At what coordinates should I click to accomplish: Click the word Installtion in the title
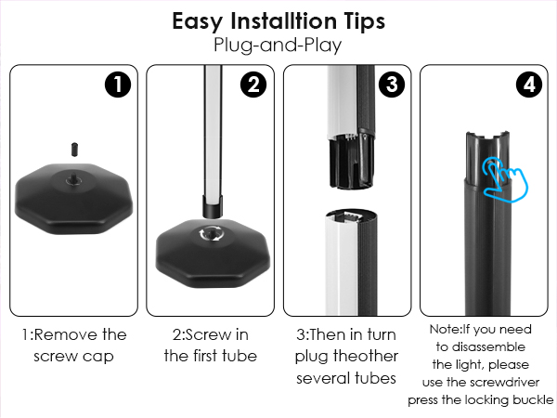pyautogui.click(x=283, y=21)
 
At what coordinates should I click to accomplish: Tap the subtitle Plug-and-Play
pyautogui.click(x=278, y=46)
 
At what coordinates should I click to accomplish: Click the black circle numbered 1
pyautogui.click(x=118, y=85)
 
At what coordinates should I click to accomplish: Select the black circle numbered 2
pyautogui.click(x=253, y=85)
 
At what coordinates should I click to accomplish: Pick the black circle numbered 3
pyautogui.click(x=392, y=85)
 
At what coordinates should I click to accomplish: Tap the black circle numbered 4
pyautogui.click(x=529, y=85)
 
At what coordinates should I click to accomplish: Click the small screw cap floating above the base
pyautogui.click(x=74, y=150)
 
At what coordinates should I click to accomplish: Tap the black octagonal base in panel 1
pyautogui.click(x=74, y=199)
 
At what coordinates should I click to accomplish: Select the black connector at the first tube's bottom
pyautogui.click(x=213, y=206)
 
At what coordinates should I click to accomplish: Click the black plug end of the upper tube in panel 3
pyautogui.click(x=351, y=160)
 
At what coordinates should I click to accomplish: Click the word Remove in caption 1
pyautogui.click(x=66, y=334)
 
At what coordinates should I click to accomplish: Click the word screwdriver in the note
pyautogui.click(x=504, y=383)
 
